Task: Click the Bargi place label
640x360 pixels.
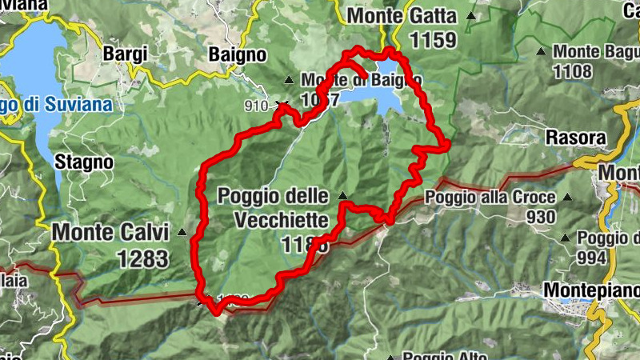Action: tap(126, 54)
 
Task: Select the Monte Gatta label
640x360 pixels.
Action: tap(402, 16)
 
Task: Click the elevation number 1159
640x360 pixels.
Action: tap(432, 39)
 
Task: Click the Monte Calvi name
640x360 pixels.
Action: tap(110, 233)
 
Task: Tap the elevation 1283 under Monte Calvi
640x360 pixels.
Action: tap(142, 258)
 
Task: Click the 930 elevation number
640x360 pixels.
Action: tap(542, 217)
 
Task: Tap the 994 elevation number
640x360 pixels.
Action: tap(592, 258)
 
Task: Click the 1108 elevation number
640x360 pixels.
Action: tap(572, 72)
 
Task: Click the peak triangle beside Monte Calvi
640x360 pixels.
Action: tap(182, 233)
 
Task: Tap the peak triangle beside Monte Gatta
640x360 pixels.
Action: tap(471, 15)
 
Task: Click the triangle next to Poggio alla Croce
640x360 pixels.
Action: tap(567, 197)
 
